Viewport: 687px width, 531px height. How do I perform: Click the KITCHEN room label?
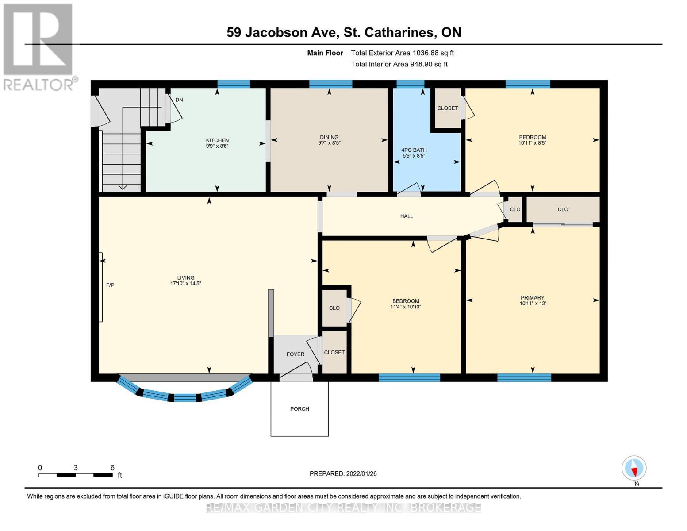pyautogui.click(x=217, y=140)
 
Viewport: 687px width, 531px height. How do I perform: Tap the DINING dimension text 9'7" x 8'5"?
pyautogui.click(x=329, y=143)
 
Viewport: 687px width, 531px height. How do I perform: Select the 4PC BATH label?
pyautogui.click(x=414, y=150)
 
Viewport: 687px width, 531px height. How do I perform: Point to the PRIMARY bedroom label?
pyautogui.click(x=532, y=298)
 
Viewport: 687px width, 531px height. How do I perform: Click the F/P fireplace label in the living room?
pyautogui.click(x=110, y=285)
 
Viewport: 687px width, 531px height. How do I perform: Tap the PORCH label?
pyautogui.click(x=299, y=409)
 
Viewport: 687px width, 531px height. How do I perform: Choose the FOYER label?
pyautogui.click(x=295, y=354)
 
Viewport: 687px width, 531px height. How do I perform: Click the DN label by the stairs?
pyautogui.click(x=179, y=100)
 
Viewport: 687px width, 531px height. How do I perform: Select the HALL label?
pyautogui.click(x=407, y=216)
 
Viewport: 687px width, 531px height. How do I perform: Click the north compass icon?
pyautogui.click(x=634, y=468)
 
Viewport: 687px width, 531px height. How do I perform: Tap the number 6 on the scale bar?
pyautogui.click(x=112, y=468)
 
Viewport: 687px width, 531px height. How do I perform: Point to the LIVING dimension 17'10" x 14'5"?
pyautogui.click(x=186, y=284)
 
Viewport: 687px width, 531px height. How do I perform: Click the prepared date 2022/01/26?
pyautogui.click(x=361, y=474)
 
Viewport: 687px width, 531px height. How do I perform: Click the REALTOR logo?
pyautogui.click(x=38, y=46)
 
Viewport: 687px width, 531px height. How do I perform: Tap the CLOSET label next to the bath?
pyautogui.click(x=447, y=108)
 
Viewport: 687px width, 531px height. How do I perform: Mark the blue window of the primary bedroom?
pyautogui.click(x=524, y=377)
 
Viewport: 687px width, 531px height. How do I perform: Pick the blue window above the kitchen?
pyautogui.click(x=234, y=84)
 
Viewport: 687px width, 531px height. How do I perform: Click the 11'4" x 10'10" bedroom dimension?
pyautogui.click(x=406, y=307)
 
